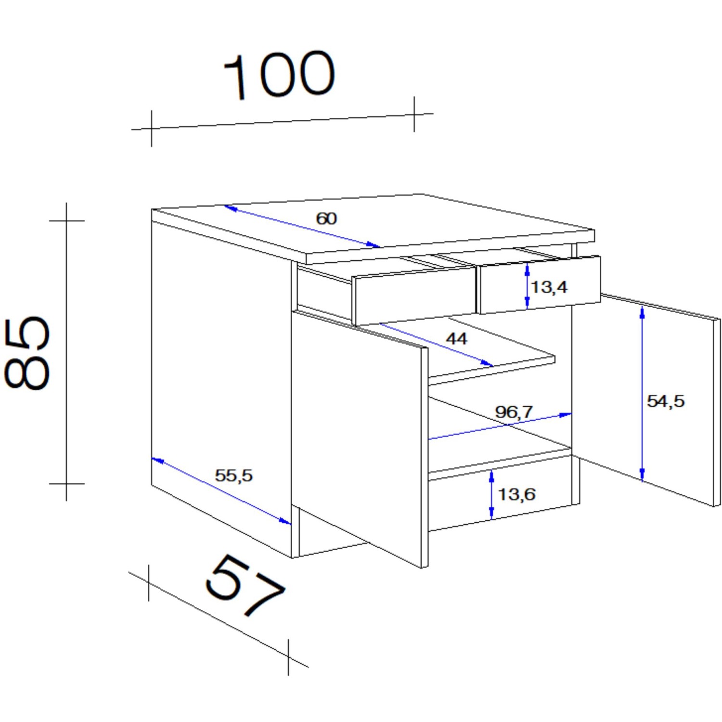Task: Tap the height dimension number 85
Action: [x=27, y=353]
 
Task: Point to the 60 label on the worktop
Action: [x=326, y=219]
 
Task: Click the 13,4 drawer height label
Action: [x=549, y=287]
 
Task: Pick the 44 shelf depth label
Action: [x=456, y=339]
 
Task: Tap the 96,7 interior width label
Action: [x=514, y=412]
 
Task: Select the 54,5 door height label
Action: [x=666, y=401]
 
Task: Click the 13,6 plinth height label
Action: [x=516, y=494]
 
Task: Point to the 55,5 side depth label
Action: [x=233, y=476]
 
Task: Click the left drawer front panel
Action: [x=414, y=296]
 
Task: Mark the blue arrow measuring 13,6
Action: [x=491, y=495]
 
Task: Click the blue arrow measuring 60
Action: [x=302, y=227]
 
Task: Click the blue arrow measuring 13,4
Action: [x=527, y=286]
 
